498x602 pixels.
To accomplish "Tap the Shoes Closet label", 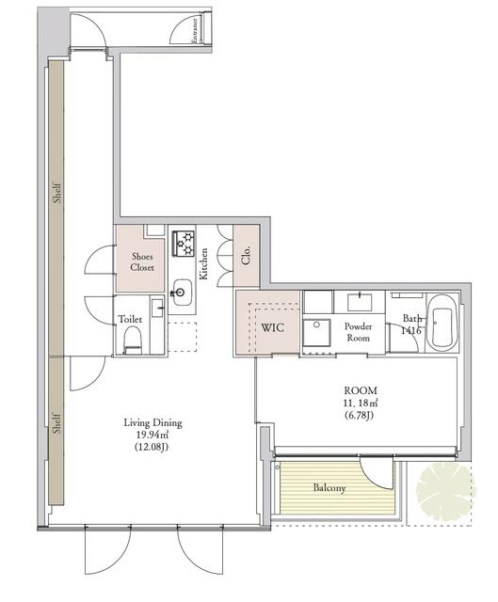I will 142,261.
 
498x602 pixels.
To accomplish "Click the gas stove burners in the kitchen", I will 183,244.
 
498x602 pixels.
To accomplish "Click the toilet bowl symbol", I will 132,341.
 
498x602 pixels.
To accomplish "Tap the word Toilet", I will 131,320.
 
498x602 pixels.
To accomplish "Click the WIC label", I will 273,328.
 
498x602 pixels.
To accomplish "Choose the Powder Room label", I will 359,332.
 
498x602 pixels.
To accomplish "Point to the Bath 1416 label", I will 410,325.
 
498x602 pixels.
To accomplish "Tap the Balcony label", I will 329,488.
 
